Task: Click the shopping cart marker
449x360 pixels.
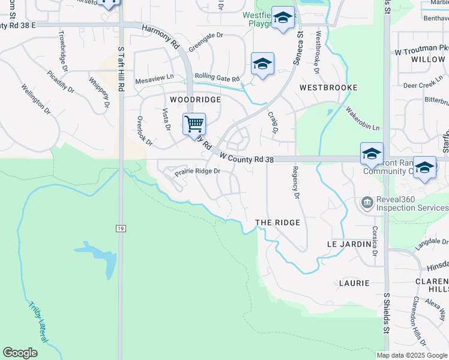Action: point(194,125)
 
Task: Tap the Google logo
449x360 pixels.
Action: point(20,353)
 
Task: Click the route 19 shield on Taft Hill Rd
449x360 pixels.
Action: point(120,228)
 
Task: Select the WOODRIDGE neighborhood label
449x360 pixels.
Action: point(195,100)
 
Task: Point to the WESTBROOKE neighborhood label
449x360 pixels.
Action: point(328,88)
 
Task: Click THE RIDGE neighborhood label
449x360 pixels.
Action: point(277,223)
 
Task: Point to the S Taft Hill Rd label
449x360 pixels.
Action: point(121,69)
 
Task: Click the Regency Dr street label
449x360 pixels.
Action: point(295,182)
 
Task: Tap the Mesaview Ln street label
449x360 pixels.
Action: point(154,77)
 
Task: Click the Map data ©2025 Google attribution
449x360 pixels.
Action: point(412,355)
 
